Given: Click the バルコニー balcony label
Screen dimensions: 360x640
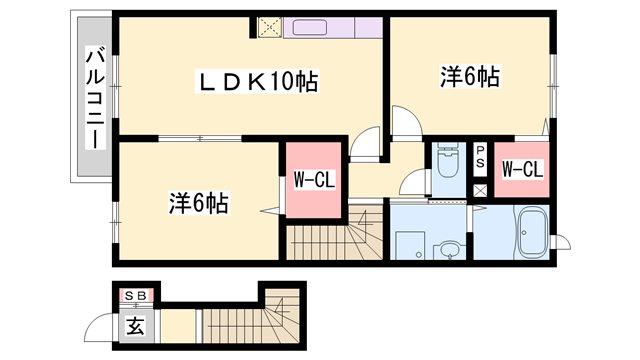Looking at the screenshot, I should [93, 99].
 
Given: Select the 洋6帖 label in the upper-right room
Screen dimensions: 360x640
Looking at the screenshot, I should [469, 76].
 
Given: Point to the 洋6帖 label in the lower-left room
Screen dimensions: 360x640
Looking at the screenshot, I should [197, 204].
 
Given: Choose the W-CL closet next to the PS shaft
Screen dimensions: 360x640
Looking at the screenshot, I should [521, 171].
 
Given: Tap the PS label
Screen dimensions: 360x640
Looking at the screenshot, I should [480, 155].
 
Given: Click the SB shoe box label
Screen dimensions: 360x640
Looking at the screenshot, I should [134, 295].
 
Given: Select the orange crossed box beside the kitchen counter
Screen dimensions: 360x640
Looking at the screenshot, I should [268, 28].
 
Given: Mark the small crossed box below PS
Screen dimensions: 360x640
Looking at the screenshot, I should [480, 189].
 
